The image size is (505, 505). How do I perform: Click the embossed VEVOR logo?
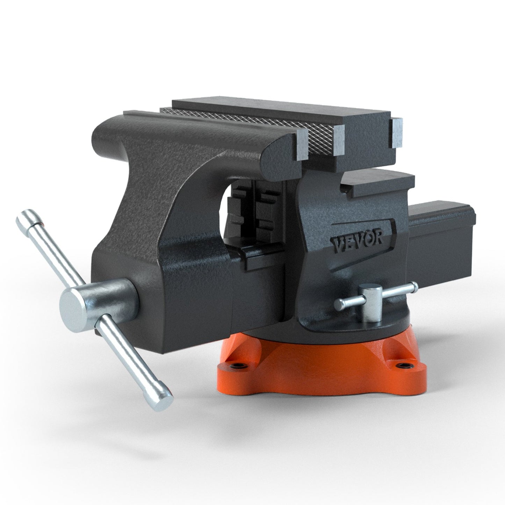[x=357, y=240]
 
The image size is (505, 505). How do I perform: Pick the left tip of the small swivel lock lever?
[x=338, y=304]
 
